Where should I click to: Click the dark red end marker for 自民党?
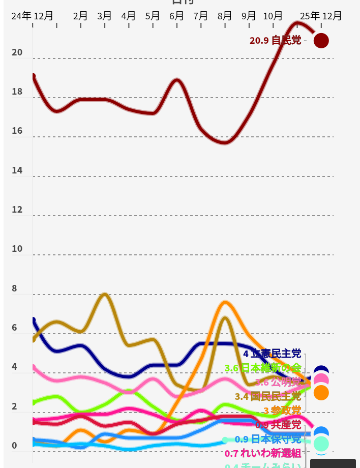pyautogui.click(x=321, y=40)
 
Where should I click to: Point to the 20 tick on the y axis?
pyautogui.click(x=17, y=52)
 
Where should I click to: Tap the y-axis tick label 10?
pyautogui.click(x=17, y=249)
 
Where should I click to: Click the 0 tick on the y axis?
pyautogui.click(x=14, y=446)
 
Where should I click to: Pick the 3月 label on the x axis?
pyautogui.click(x=104, y=16)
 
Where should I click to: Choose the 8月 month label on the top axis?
pyautogui.click(x=225, y=16)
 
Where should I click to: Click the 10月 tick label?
pyautogui.click(x=273, y=16)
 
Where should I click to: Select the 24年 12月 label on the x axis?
pyautogui.click(x=32, y=16)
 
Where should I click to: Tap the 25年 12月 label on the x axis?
pyautogui.click(x=321, y=16)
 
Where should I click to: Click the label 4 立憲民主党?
pyautogui.click(x=272, y=354)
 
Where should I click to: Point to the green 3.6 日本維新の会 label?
pyautogui.click(x=263, y=368)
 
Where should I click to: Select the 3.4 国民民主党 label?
pyautogui.click(x=268, y=396)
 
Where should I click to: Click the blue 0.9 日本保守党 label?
pyautogui.click(x=268, y=439)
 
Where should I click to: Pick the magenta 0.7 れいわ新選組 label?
pyautogui.click(x=263, y=453)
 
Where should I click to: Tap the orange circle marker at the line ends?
pyautogui.click(x=321, y=393)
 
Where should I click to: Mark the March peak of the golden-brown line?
pyautogui.click(x=105, y=294)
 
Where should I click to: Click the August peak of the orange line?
pyautogui.click(x=225, y=302)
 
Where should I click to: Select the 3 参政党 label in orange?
pyautogui.click(x=282, y=411)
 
